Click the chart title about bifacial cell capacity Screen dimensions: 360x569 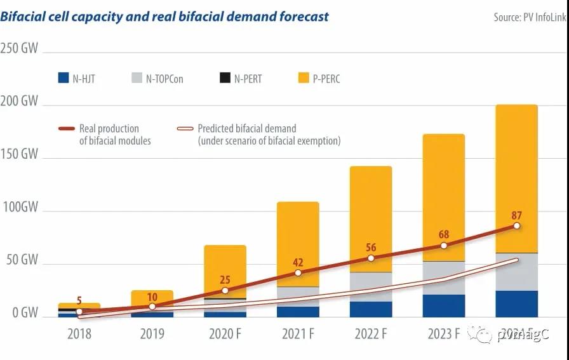tap(164, 17)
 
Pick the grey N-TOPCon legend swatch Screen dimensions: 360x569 tap(137, 78)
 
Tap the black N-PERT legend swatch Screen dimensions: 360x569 tap(225, 78)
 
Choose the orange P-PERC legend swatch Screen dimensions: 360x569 tap(304, 78)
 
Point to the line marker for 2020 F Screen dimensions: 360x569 tap(225, 290)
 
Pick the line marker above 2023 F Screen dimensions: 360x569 tap(443, 245)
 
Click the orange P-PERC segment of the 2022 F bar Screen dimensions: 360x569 tap(370, 210)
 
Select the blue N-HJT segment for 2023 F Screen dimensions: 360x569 tap(443, 305)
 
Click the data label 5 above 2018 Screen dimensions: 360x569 tap(79, 300)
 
